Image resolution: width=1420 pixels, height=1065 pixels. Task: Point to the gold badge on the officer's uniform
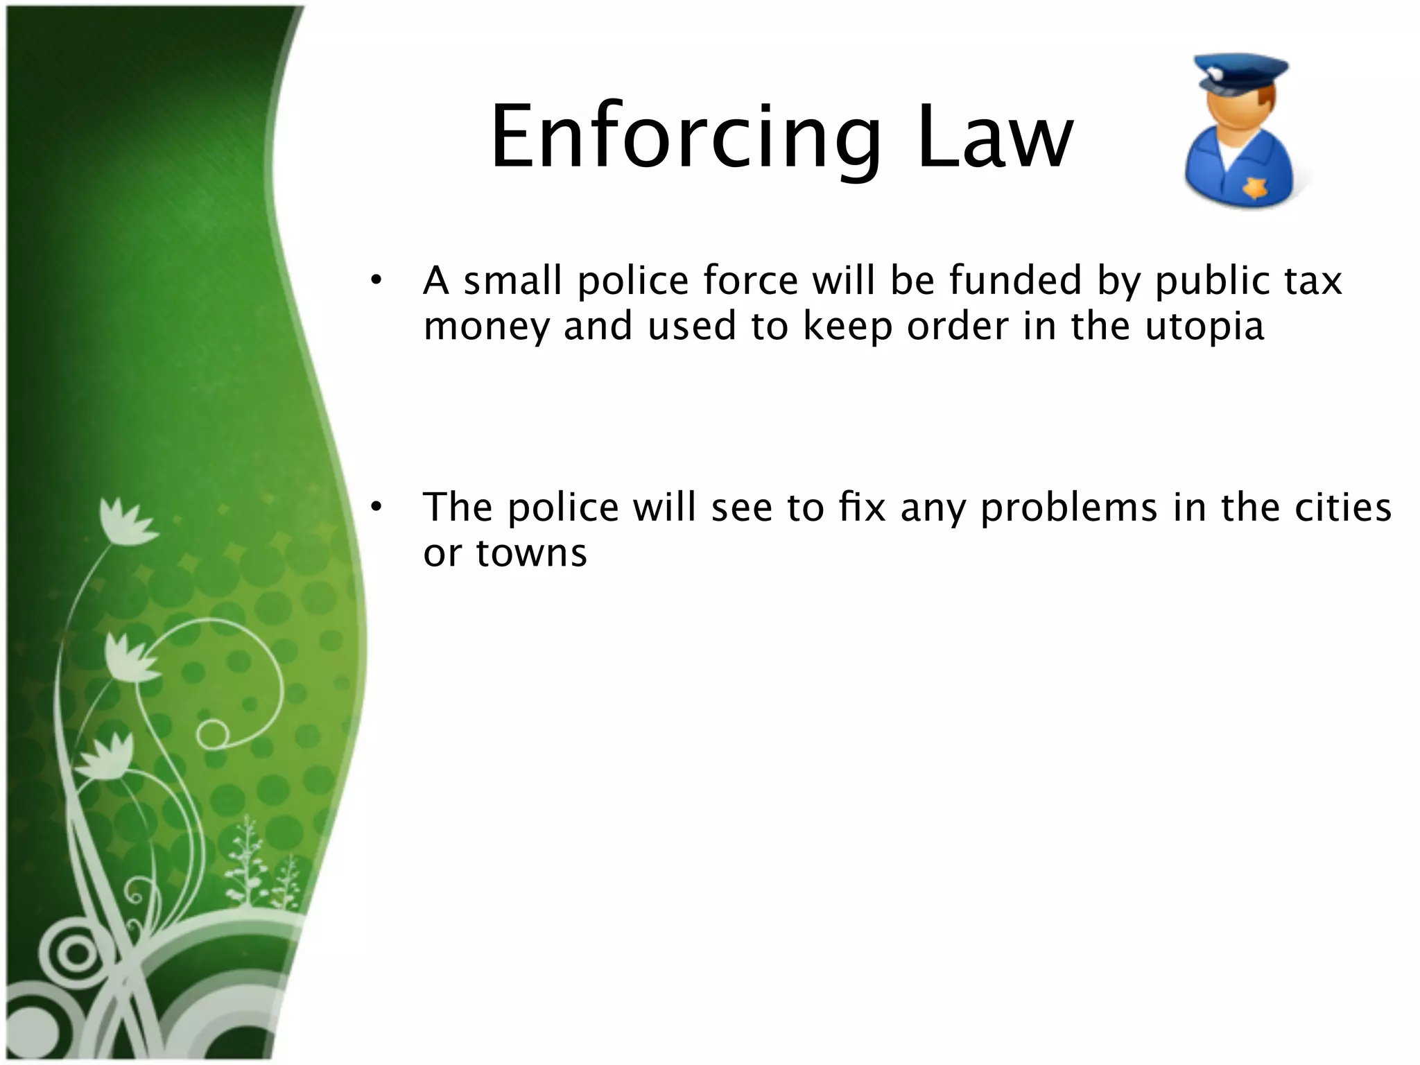(x=1254, y=187)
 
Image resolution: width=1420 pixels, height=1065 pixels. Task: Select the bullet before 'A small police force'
(x=376, y=281)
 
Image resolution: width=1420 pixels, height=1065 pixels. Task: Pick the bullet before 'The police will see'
(x=376, y=508)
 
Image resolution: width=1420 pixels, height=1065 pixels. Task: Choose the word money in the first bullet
(x=486, y=327)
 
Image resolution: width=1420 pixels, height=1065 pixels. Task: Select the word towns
(x=531, y=553)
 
